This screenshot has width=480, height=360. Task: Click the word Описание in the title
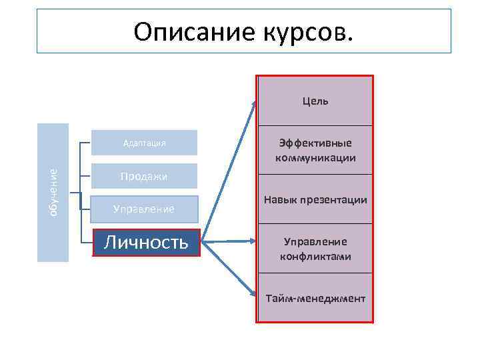click(188, 31)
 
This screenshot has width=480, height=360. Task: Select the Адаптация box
click(145, 143)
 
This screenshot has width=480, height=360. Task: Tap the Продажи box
click(145, 176)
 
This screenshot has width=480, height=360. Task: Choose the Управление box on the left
click(145, 209)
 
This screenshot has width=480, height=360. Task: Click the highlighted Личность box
click(146, 242)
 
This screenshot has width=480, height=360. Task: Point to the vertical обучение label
click(53, 192)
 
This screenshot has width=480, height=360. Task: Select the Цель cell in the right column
click(315, 101)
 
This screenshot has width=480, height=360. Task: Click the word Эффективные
click(315, 143)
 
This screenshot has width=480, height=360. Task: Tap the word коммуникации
click(315, 158)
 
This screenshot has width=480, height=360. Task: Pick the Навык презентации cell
click(315, 200)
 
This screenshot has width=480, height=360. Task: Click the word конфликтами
click(315, 257)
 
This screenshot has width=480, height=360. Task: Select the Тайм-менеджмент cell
click(315, 298)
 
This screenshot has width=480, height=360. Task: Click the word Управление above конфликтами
click(315, 241)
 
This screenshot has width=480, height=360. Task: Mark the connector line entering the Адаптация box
click(85, 143)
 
